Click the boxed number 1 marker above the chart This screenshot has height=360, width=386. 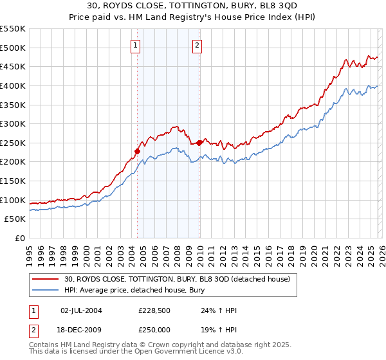coord(136,45)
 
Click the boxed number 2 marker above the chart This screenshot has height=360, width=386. coord(197,45)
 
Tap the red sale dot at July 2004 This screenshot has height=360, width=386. coord(137,151)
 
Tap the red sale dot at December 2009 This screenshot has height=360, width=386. coord(199,143)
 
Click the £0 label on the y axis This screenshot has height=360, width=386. coord(19,238)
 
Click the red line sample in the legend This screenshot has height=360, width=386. coord(46,280)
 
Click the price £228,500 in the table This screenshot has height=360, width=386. coord(154,310)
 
